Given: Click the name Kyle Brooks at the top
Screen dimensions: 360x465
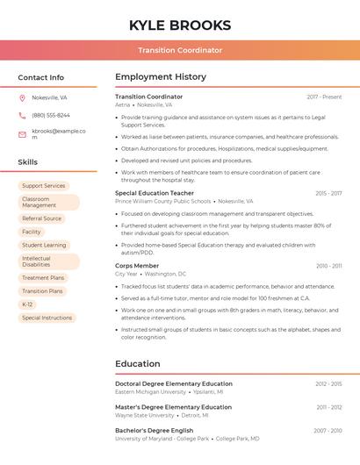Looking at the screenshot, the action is coord(180,25).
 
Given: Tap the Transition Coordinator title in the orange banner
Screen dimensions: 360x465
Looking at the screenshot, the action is coord(180,50).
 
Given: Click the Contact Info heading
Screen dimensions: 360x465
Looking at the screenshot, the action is coord(41,77).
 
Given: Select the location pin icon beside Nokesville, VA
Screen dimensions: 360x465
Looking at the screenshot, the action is coord(22,97).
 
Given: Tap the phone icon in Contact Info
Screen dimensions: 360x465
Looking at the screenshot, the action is coord(22,115).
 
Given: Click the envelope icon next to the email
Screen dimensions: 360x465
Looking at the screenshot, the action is coord(22,134).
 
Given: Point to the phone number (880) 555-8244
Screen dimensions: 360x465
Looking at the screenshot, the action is coord(51,115).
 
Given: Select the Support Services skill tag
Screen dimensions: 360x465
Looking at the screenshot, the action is coord(44,186).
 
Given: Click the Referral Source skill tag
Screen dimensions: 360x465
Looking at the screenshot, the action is coord(42,218).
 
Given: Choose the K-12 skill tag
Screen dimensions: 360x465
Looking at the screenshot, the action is coord(27,304).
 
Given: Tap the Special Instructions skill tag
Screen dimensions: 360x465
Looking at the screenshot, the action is coord(47,318).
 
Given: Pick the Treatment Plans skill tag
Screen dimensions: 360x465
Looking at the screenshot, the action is coord(43,278).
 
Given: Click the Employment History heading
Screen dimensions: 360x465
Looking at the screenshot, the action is coord(161,77).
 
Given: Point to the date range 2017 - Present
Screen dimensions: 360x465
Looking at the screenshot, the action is coord(324,97).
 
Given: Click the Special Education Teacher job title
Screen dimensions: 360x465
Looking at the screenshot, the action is coord(155,193).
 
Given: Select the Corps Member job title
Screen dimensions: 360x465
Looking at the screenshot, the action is coord(137,266).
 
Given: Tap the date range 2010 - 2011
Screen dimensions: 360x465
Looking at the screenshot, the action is coord(329,266).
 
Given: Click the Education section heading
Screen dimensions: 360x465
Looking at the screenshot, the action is coord(138,364).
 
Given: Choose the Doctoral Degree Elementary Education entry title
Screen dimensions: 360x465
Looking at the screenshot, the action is coord(174,384).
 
